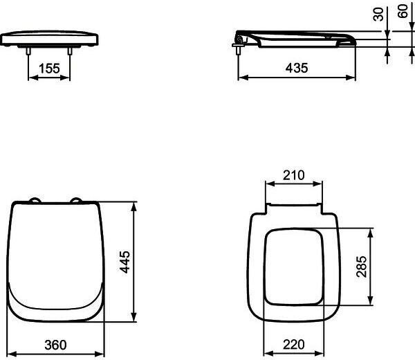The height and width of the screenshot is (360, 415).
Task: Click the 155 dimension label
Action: click(x=50, y=69)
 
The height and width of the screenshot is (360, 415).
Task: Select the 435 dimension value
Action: click(x=297, y=68)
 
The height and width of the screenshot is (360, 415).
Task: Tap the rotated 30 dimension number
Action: click(x=378, y=14)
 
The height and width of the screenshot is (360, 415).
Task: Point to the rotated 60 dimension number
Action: click(x=403, y=11)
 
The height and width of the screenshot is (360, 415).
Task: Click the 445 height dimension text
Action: click(x=124, y=262)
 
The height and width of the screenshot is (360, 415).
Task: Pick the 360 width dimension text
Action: click(x=55, y=345)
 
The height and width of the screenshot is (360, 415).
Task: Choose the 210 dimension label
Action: click(x=294, y=175)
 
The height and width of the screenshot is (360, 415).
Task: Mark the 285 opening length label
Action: click(x=362, y=267)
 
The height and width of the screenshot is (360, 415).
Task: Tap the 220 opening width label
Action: click(x=294, y=344)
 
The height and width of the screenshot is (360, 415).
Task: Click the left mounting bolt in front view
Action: click(x=28, y=51)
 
